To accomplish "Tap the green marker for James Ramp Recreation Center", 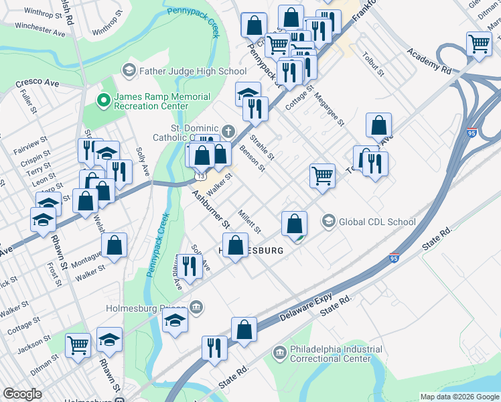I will (x=103, y=101).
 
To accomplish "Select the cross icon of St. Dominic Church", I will (x=228, y=130).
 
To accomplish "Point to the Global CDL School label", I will (x=377, y=222).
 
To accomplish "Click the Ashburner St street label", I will (x=212, y=208).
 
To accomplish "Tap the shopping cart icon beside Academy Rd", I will (x=480, y=44).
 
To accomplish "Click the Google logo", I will (x=22, y=394).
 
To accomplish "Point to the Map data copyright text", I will (x=459, y=396).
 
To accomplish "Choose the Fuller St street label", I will (x=27, y=104).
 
